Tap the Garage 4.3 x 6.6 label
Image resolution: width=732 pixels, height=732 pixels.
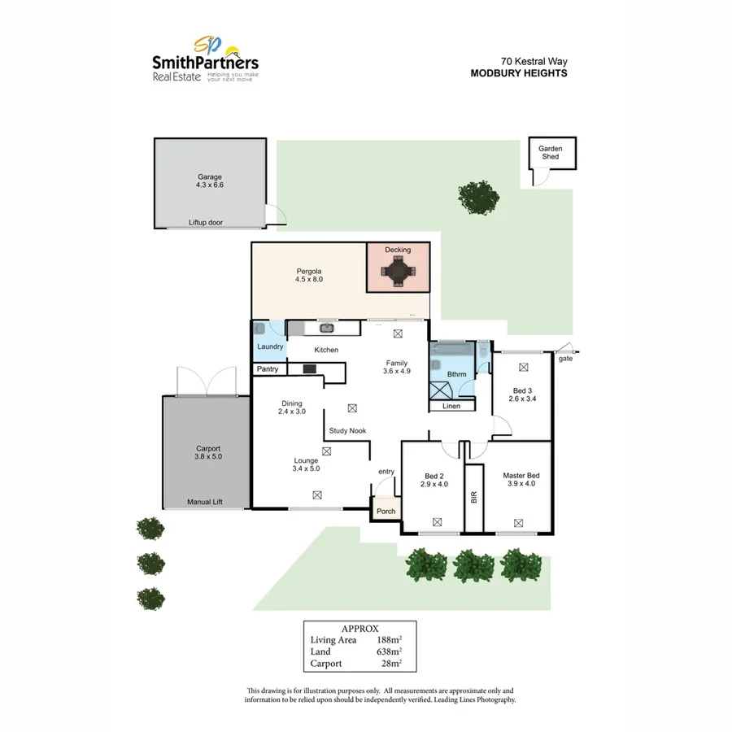[209, 181]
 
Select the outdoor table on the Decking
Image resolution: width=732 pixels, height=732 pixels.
[399, 271]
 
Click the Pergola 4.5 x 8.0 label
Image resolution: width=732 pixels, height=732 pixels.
[309, 275]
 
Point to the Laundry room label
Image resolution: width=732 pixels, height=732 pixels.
[270, 347]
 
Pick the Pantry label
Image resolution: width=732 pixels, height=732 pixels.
[268, 369]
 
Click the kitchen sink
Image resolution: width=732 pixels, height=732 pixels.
[326, 328]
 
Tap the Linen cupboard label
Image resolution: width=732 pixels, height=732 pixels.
[451, 406]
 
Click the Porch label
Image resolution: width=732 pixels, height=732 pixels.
[386, 512]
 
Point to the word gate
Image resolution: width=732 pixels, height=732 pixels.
[565, 358]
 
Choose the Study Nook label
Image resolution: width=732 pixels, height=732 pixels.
[347, 431]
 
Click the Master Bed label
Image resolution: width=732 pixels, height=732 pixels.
[518, 476]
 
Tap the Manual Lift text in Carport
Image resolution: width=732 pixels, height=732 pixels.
[205, 502]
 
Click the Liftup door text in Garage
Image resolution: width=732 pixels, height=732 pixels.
[206, 222]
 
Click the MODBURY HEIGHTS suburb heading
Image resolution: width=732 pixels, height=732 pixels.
[519, 73]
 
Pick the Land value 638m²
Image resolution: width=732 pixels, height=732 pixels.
[390, 651]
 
